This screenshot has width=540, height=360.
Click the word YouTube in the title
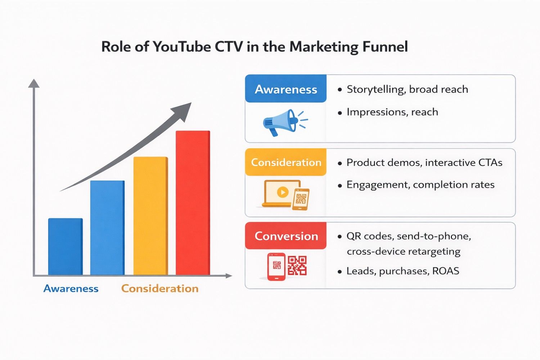(181, 47)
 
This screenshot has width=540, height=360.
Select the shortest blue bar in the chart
(65, 247)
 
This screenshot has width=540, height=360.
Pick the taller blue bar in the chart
(107, 228)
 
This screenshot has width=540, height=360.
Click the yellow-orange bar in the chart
(150, 216)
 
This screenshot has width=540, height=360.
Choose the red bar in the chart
(193, 203)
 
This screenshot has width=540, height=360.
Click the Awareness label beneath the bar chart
(71, 288)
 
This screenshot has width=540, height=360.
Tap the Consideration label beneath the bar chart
(160, 288)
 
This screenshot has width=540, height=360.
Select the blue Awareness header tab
(286, 89)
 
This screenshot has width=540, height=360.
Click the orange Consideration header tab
(286, 162)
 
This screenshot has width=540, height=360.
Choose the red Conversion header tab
(286, 236)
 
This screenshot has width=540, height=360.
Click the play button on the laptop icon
(283, 192)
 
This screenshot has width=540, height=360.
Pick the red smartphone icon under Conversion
(276, 266)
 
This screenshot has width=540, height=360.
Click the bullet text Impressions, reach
(392, 112)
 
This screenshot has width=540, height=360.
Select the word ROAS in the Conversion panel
(446, 271)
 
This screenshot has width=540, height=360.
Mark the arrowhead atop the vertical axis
(34, 84)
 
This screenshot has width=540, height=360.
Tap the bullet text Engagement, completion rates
(420, 185)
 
